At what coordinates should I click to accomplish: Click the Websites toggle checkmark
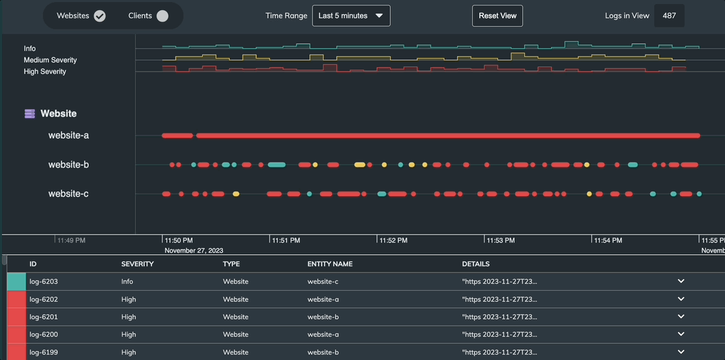(x=100, y=16)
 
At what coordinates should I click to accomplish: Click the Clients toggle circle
(x=162, y=16)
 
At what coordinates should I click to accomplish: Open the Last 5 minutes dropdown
(x=351, y=16)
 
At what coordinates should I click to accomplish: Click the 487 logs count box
(x=669, y=16)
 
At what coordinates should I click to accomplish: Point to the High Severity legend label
(x=44, y=71)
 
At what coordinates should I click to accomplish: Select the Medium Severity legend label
(x=50, y=60)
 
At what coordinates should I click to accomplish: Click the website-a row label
(x=68, y=136)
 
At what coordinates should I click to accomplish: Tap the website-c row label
(x=68, y=194)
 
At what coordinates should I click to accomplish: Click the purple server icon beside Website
(x=30, y=114)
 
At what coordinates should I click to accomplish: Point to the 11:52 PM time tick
(x=393, y=240)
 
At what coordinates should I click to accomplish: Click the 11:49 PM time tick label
(x=71, y=240)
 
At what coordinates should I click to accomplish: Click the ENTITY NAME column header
(x=329, y=264)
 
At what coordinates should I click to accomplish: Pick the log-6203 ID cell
(x=43, y=282)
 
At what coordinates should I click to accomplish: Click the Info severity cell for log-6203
(x=127, y=282)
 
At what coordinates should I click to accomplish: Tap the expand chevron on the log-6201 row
(x=681, y=317)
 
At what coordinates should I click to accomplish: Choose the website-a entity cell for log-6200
(x=323, y=334)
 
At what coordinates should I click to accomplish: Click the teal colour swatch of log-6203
(x=16, y=282)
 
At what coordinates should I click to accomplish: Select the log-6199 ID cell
(x=43, y=352)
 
